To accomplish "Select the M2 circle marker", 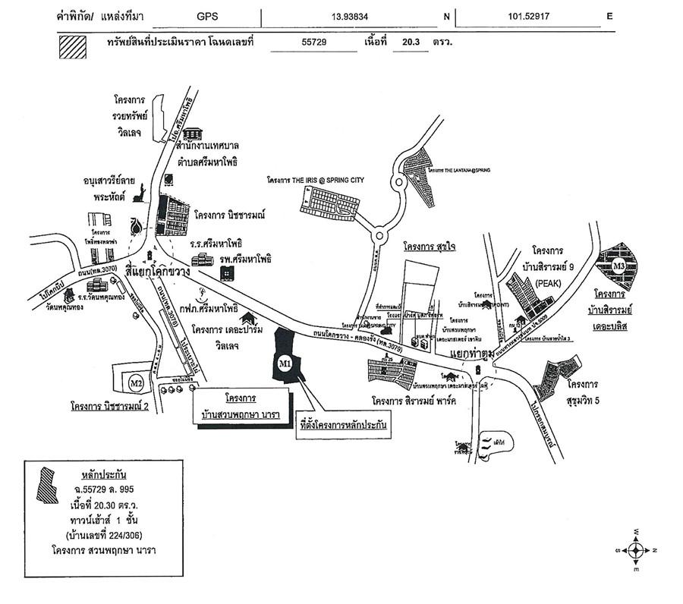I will click(136, 382).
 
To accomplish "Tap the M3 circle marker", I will click(618, 266).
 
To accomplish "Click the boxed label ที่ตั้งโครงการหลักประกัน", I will click(343, 426).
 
